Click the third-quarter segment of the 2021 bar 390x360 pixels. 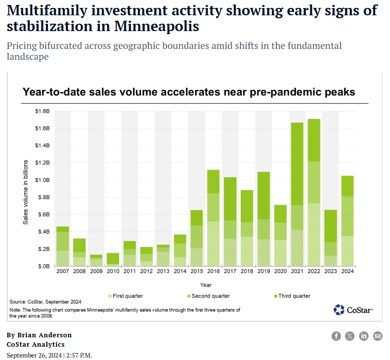click(297, 163)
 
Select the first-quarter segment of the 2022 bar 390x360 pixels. click(313, 235)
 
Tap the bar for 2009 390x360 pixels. click(96, 260)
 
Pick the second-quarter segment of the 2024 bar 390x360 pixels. click(347, 216)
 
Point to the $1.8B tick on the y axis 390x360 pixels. click(42, 112)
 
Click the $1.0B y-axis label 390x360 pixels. click(42, 180)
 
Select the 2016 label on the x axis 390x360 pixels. click(213, 272)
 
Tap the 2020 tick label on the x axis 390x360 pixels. click(280, 272)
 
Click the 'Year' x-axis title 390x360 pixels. click(206, 285)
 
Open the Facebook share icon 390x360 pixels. click(336, 336)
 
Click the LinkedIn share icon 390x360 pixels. click(364, 336)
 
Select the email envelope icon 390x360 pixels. click(378, 336)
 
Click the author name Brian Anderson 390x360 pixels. click(43, 335)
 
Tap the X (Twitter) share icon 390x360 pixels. click(350, 336)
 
